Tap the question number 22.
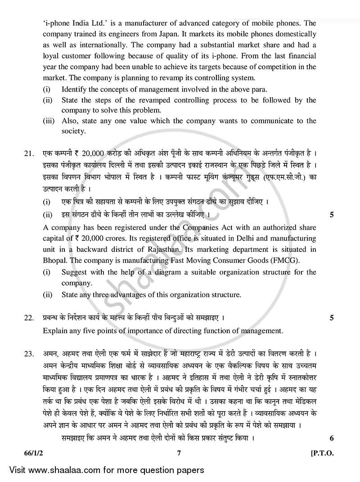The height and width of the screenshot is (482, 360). tap(29, 318)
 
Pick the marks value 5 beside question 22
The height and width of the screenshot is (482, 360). tap(332, 318)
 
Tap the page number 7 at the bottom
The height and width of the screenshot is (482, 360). tap(179, 453)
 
